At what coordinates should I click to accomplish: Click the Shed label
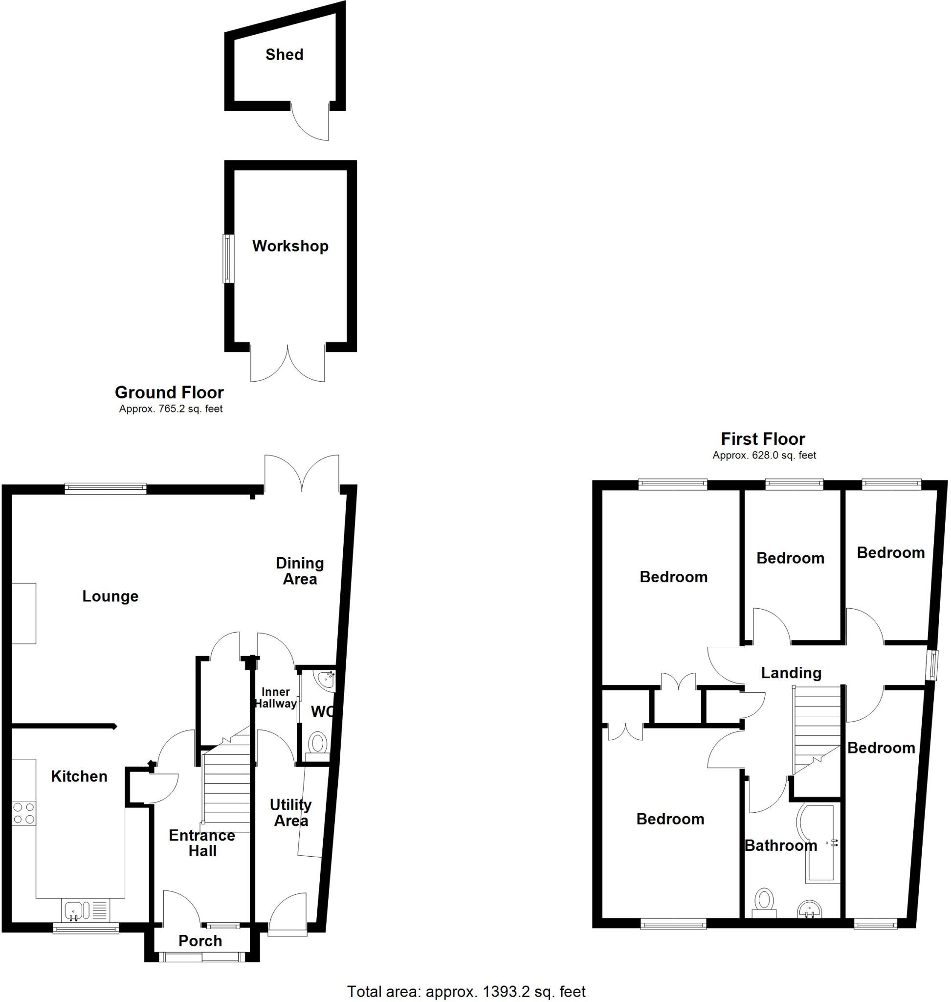(284, 55)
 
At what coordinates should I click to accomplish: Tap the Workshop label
(290, 246)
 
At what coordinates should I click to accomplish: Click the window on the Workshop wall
(229, 258)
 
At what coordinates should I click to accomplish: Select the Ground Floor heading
(169, 392)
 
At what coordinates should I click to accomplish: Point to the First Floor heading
(762, 439)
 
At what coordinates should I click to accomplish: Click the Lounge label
(110, 596)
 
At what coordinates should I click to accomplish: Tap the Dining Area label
(300, 571)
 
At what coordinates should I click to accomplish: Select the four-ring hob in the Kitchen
(24, 813)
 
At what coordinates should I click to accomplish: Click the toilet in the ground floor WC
(317, 744)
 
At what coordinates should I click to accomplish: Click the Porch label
(200, 941)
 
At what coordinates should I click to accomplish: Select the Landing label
(791, 673)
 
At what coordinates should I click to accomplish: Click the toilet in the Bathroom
(764, 904)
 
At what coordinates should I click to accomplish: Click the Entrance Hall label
(202, 843)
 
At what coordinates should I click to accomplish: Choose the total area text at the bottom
(466, 991)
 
